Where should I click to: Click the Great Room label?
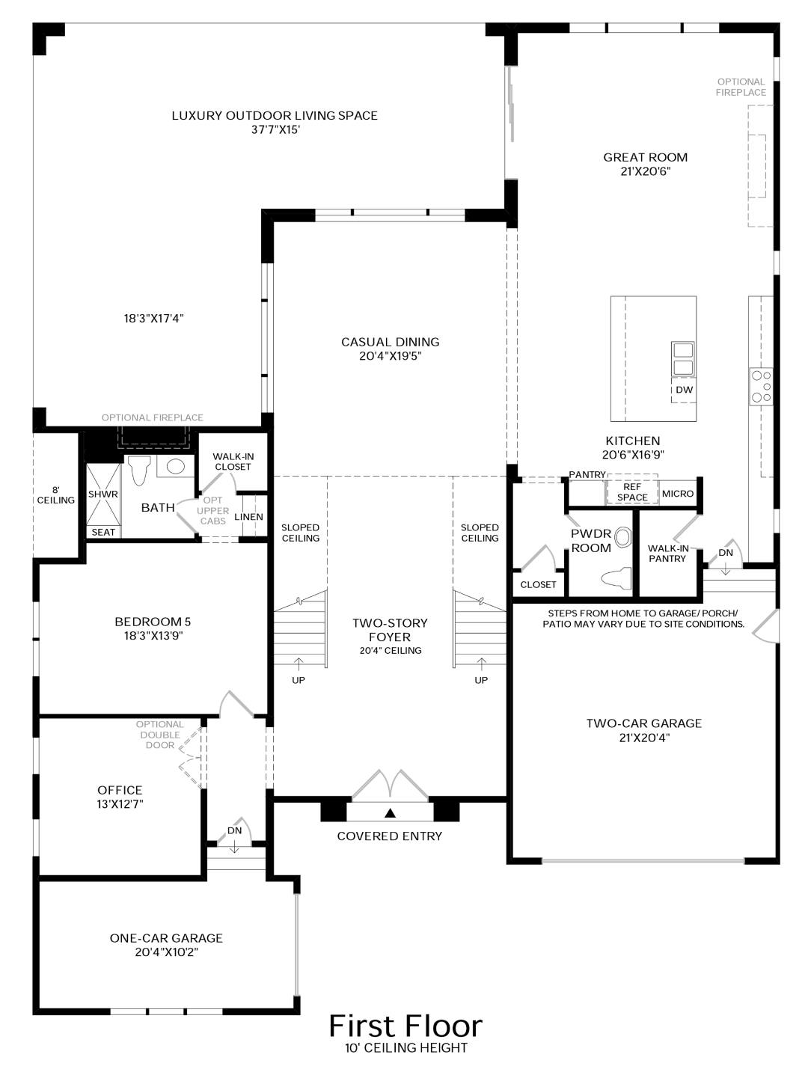[x=645, y=157]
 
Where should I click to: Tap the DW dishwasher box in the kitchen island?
[x=684, y=390]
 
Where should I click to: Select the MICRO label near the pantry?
[x=678, y=494]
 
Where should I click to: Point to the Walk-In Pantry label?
[x=667, y=554]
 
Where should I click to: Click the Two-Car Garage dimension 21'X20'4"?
[x=643, y=738]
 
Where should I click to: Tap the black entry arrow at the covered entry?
[x=389, y=812]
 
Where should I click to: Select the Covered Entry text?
[x=389, y=836]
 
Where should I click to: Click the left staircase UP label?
[x=299, y=680]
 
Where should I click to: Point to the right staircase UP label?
[x=481, y=680]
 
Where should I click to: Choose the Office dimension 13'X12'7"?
[x=120, y=804]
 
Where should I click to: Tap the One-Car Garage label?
[x=166, y=938]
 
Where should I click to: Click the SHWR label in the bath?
[x=102, y=494]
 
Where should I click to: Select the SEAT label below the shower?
[x=103, y=532]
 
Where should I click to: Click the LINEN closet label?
[x=248, y=517]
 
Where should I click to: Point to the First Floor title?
[x=405, y=1026]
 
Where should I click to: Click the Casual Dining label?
[x=390, y=342]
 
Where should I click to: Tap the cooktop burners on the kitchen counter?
[x=762, y=387]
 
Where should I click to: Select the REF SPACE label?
[x=632, y=492]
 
